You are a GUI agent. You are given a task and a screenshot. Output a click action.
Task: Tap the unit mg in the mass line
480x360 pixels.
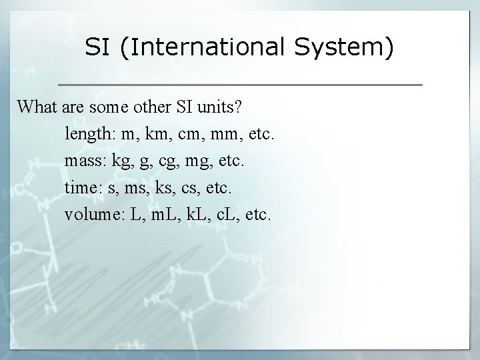coord(202,162)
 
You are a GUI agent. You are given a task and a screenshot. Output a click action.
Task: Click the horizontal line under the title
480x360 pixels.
coord(240,85)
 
